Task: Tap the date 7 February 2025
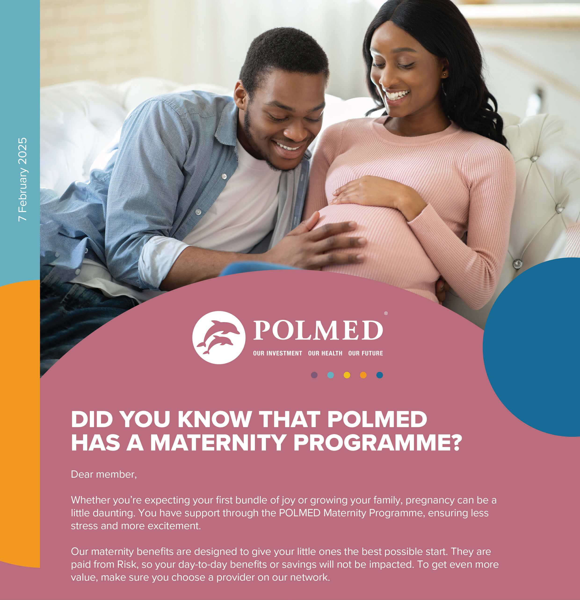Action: coord(23,179)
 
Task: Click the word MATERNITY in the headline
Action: coord(218,442)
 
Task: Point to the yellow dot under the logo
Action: coord(347,375)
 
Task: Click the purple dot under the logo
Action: coord(314,375)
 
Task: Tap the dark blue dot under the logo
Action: coord(380,375)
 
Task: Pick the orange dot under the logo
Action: coord(363,375)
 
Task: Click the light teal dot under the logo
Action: coord(330,375)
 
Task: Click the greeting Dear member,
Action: coord(104,474)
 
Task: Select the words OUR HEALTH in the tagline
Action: coord(325,353)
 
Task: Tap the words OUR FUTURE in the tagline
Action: coord(366,353)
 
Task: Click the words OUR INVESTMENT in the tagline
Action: coord(278,353)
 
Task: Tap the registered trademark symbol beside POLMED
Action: coord(386,313)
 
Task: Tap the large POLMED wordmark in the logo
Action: coord(318,330)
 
